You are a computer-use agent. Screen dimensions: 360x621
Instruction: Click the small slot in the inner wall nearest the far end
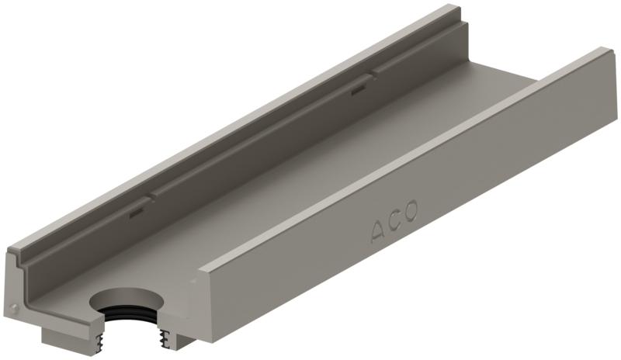point(357,91)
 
